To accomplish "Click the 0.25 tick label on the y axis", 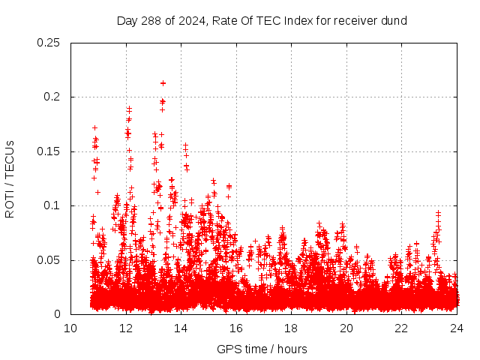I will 49,43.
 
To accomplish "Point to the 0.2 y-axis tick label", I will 52,97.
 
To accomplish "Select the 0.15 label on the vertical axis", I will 49,151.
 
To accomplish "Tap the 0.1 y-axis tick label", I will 52,206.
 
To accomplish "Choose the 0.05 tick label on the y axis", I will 49,260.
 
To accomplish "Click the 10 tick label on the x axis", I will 70,328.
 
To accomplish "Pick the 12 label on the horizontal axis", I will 126,328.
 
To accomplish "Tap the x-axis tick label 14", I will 181,328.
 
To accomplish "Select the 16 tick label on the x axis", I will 236,328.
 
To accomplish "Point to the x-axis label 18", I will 292,328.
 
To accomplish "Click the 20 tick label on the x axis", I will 346,328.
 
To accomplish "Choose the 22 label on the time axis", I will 402,328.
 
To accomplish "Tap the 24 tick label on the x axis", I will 457,328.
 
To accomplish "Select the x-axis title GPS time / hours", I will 262,349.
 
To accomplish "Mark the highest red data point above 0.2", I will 163,83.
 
